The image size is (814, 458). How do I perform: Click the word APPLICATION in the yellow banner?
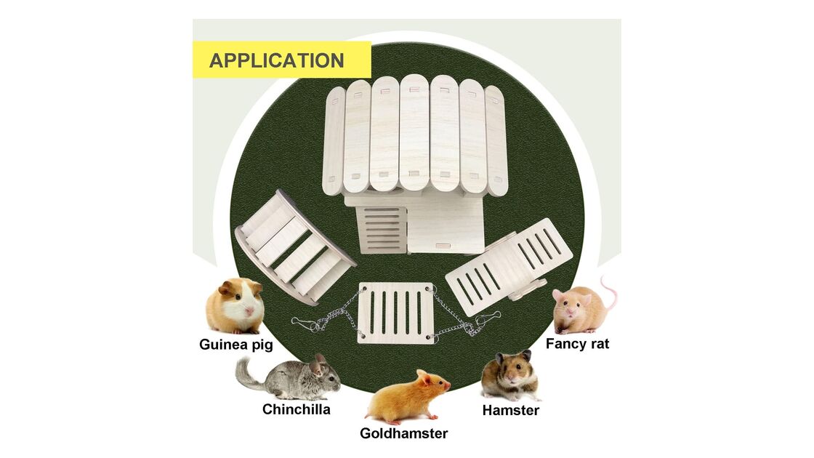[276, 60]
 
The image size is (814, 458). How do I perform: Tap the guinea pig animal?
[235, 306]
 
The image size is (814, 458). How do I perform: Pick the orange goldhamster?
[408, 397]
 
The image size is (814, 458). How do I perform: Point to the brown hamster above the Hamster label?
[510, 375]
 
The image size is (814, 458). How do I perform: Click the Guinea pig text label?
[236, 345]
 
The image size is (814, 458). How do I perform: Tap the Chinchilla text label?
[297, 409]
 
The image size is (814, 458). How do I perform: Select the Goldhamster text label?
[404, 433]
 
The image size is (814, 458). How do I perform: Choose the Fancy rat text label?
[577, 344]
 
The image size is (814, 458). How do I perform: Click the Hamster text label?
[511, 410]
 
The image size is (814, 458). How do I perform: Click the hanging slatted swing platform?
[396, 312]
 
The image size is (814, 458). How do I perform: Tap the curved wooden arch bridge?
[294, 246]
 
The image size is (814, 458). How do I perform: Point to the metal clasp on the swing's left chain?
[305, 324]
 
